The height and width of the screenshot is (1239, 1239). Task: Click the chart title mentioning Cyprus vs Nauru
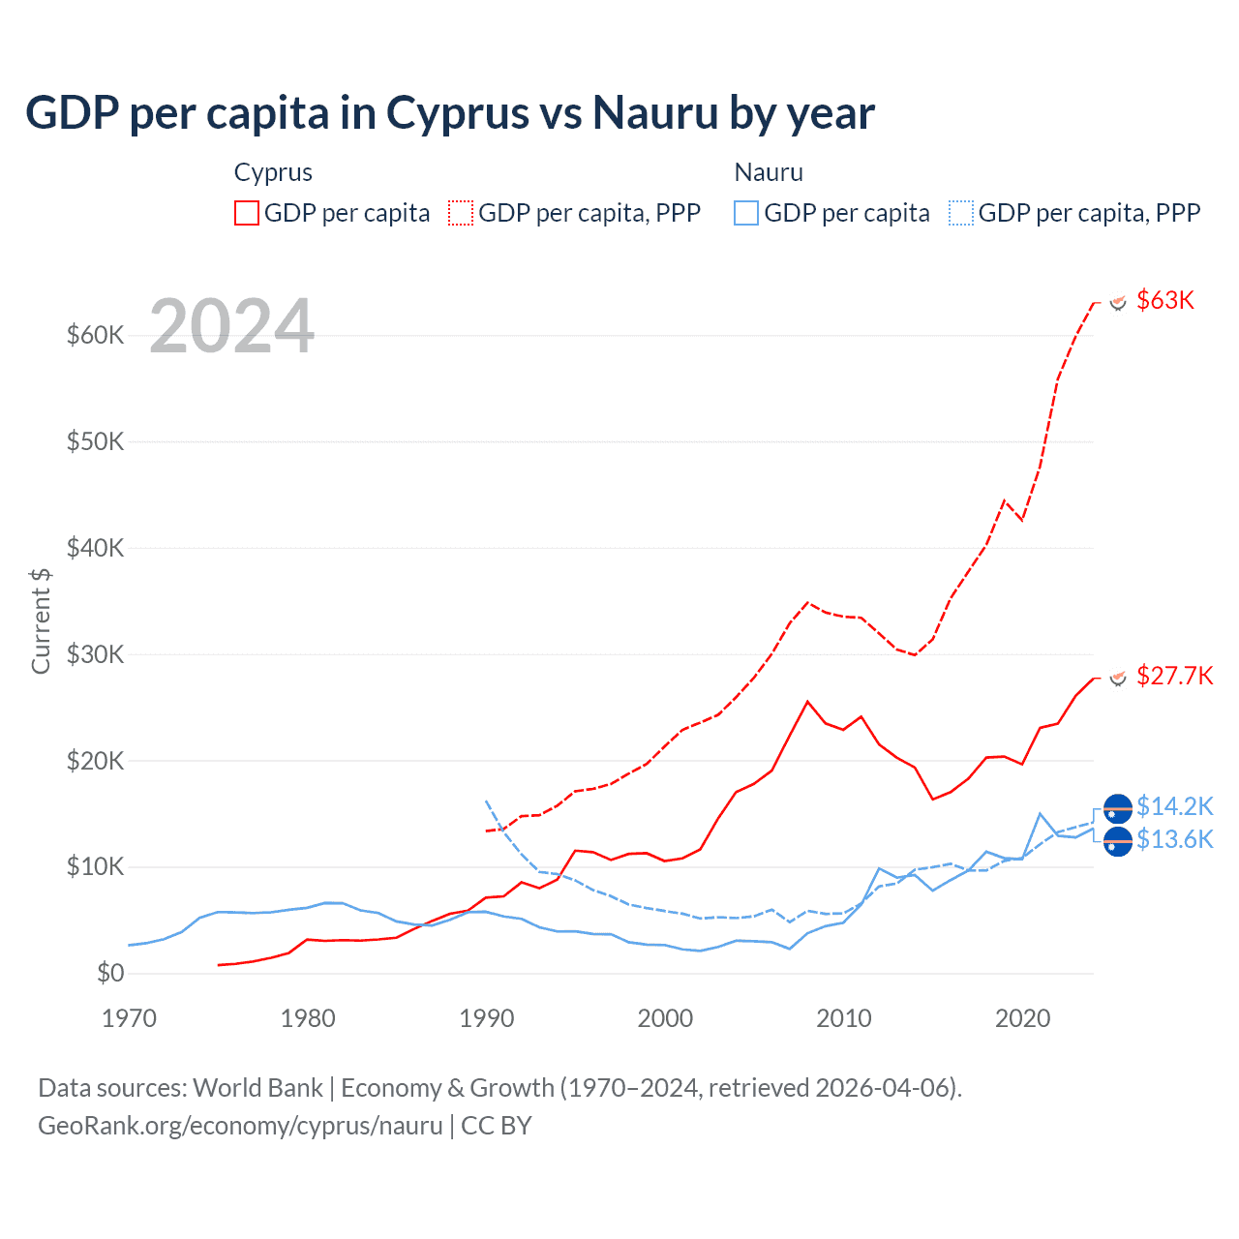(x=450, y=113)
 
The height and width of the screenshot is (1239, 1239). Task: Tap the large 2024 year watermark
(x=232, y=326)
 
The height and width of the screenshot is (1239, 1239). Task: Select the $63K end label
(x=1165, y=300)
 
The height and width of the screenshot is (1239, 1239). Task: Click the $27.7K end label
(x=1174, y=676)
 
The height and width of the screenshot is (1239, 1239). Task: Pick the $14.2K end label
(x=1174, y=806)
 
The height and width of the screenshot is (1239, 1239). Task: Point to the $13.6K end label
(x=1174, y=839)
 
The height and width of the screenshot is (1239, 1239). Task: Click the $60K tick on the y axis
(x=95, y=336)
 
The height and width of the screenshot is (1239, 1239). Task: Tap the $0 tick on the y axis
(x=110, y=973)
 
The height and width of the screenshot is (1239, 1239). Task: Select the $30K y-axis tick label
(x=95, y=654)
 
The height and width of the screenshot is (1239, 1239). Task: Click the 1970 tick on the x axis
(x=129, y=1018)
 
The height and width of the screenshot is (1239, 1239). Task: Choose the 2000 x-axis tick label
(x=665, y=1018)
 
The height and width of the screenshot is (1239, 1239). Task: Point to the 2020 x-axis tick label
(x=1022, y=1018)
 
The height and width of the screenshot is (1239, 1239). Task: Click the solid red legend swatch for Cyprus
(x=247, y=213)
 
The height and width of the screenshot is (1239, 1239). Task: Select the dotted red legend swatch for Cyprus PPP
(x=461, y=213)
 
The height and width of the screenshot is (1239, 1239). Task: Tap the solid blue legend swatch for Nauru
(x=746, y=213)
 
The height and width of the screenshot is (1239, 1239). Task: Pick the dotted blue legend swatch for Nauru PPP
(x=961, y=213)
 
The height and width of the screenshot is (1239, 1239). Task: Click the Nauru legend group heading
(x=769, y=172)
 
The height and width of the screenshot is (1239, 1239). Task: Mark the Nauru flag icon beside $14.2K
(x=1118, y=808)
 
